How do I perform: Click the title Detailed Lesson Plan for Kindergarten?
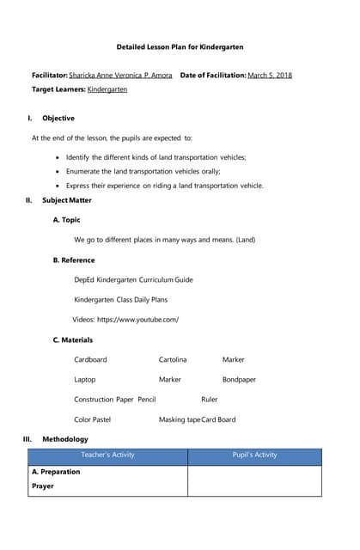click(180, 47)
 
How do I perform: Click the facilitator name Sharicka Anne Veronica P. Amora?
click(121, 76)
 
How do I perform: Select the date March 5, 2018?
click(269, 76)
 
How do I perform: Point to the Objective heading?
click(58, 119)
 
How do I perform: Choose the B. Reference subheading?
click(74, 260)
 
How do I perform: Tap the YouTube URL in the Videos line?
click(138, 320)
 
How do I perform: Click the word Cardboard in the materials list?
click(90, 360)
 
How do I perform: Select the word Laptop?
click(85, 380)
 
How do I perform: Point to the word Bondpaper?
click(239, 380)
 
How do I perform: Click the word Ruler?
click(210, 400)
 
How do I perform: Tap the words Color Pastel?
click(92, 420)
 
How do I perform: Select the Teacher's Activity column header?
click(107, 455)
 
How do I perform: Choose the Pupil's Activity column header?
click(254, 455)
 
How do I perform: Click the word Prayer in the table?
click(43, 486)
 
